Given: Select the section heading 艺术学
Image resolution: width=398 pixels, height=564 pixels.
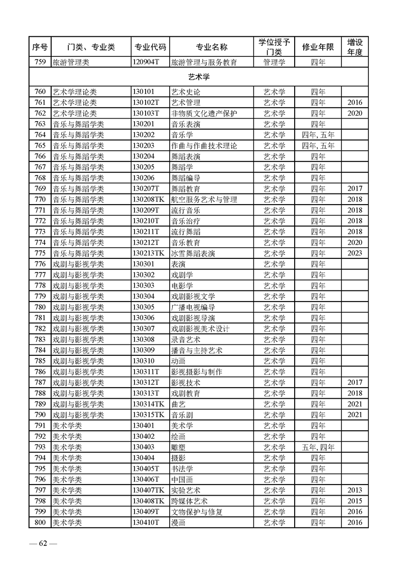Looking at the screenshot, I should pyautogui.click(x=199, y=77).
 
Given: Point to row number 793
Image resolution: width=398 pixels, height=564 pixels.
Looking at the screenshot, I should pyautogui.click(x=40, y=447).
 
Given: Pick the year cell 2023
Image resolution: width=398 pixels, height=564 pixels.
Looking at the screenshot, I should pyautogui.click(x=354, y=253).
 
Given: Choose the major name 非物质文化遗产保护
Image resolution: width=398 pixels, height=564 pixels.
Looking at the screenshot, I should pyautogui.click(x=204, y=113).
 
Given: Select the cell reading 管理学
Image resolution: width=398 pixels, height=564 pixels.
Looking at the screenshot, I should pyautogui.click(x=275, y=63).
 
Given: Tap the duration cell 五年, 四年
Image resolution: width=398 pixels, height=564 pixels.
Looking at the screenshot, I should pyautogui.click(x=318, y=447).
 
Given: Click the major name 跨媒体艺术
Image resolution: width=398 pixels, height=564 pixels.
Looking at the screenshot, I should pyautogui.click(x=190, y=501).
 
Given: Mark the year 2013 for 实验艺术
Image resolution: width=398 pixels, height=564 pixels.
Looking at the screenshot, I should pyautogui.click(x=354, y=490).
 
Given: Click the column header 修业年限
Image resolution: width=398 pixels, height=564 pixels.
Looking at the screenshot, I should pyautogui.click(x=318, y=47).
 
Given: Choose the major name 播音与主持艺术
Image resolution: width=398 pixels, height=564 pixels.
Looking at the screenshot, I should pyautogui.click(x=197, y=350).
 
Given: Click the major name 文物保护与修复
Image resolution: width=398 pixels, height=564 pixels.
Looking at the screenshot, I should pyautogui.click(x=197, y=512).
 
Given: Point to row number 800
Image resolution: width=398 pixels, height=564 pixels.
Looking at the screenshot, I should pyautogui.click(x=40, y=523).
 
